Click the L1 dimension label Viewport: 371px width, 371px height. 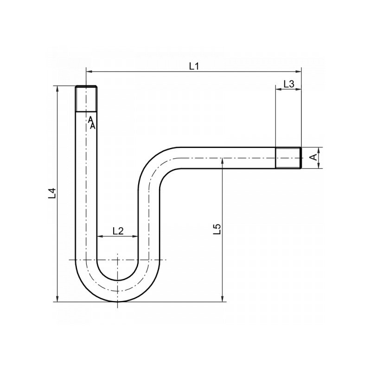point(194,66)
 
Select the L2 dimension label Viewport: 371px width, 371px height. point(118,230)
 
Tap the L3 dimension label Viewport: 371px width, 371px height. point(288,83)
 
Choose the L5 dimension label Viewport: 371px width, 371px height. point(217,229)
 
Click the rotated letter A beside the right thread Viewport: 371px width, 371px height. point(314,158)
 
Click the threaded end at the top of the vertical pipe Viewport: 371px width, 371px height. point(87,98)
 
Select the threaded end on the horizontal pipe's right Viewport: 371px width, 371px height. point(288,158)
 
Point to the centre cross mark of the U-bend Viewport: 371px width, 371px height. point(118,260)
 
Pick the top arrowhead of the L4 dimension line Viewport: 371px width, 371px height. point(58,89)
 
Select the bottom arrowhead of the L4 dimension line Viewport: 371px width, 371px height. point(58,299)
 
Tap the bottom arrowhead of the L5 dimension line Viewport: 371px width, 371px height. point(223,299)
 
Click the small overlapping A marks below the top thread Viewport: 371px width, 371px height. point(92,123)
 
